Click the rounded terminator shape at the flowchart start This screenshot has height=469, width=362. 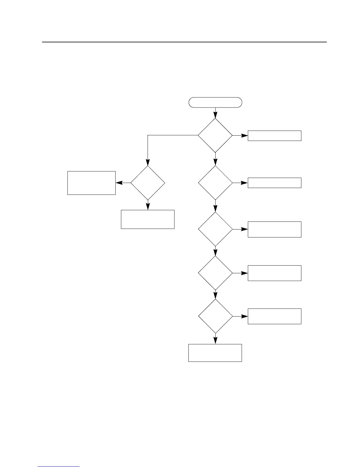[215, 102]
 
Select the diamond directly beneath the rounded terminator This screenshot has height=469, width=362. [215, 135]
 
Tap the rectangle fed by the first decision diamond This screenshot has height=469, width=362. [274, 136]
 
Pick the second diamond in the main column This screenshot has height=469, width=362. [215, 183]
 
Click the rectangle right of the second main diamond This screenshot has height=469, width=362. [274, 183]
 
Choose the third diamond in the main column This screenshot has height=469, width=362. [215, 229]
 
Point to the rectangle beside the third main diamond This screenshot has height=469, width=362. [274, 229]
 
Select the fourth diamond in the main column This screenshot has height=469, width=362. [215, 273]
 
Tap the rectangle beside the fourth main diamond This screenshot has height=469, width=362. [274, 273]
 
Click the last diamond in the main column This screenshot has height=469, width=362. [215, 316]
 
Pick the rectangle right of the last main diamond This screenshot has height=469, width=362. [274, 316]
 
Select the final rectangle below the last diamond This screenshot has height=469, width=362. [215, 353]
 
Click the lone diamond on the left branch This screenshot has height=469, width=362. [148, 183]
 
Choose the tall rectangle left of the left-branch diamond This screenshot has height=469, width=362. [91, 183]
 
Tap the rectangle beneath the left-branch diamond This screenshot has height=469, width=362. [148, 219]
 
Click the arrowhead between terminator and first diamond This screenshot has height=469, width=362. [215, 115]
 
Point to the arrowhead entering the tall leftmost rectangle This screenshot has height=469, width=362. [119, 183]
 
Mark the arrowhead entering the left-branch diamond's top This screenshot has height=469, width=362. [148, 162]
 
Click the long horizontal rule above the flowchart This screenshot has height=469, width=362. [184, 42]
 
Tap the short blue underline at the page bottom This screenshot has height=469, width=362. [59, 467]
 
